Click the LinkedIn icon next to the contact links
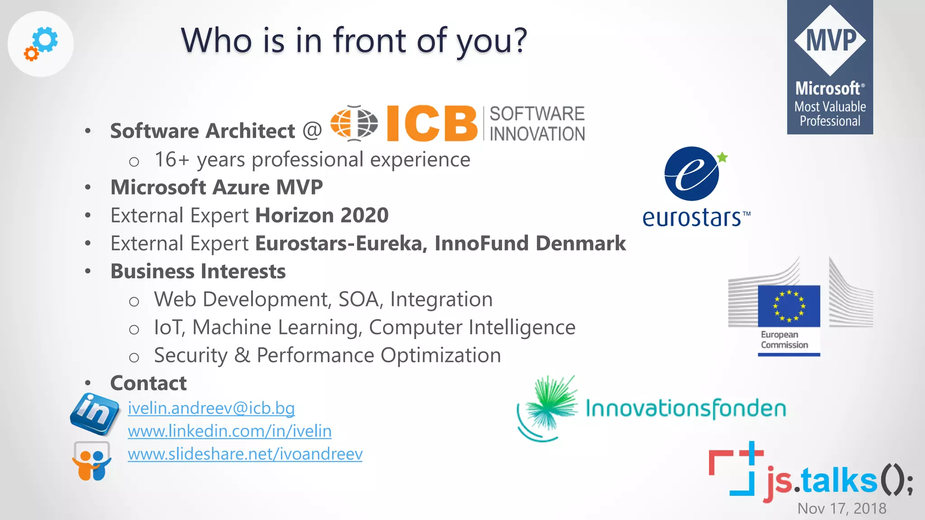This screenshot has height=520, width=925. [x=95, y=413]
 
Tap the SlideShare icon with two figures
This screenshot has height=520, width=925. [x=92, y=461]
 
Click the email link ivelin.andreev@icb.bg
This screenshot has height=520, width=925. [x=211, y=408]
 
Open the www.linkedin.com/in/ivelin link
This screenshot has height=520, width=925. [x=229, y=431]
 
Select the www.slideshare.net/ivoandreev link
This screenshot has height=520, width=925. [x=245, y=454]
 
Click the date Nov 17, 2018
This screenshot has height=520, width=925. [x=841, y=508]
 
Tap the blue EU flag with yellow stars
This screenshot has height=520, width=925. [x=789, y=306]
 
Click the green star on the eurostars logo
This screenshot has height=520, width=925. [x=722, y=157]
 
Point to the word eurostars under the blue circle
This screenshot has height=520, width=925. [x=692, y=218]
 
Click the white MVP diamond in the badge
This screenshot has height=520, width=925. [x=830, y=41]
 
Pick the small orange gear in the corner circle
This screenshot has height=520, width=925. [x=31, y=54]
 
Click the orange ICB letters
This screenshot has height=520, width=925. [x=431, y=123]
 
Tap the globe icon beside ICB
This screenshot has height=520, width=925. [x=354, y=123]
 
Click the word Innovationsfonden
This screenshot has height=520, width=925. [x=685, y=409]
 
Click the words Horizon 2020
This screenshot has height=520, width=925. [x=322, y=215]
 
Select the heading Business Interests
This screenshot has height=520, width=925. [x=198, y=271]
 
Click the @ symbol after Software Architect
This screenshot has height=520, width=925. [x=312, y=130]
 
